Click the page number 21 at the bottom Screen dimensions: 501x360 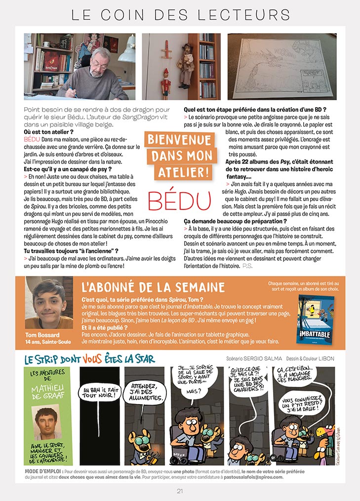point(180,491)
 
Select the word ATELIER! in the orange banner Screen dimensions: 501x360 point(181,172)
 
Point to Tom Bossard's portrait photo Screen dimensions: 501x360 point(46,303)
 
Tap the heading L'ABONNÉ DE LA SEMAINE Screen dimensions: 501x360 point(153,288)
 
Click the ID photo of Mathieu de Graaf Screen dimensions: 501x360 point(48,422)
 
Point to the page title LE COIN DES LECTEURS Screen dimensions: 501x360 point(180,14)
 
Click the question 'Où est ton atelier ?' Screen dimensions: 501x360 point(49,133)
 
